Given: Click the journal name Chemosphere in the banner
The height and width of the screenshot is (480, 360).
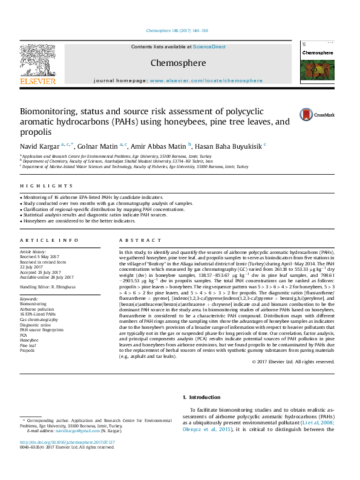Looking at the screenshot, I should click(178, 63).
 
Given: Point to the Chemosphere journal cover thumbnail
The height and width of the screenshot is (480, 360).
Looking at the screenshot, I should click(317, 66).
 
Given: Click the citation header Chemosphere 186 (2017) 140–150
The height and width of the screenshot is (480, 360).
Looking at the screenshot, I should click(177, 30).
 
